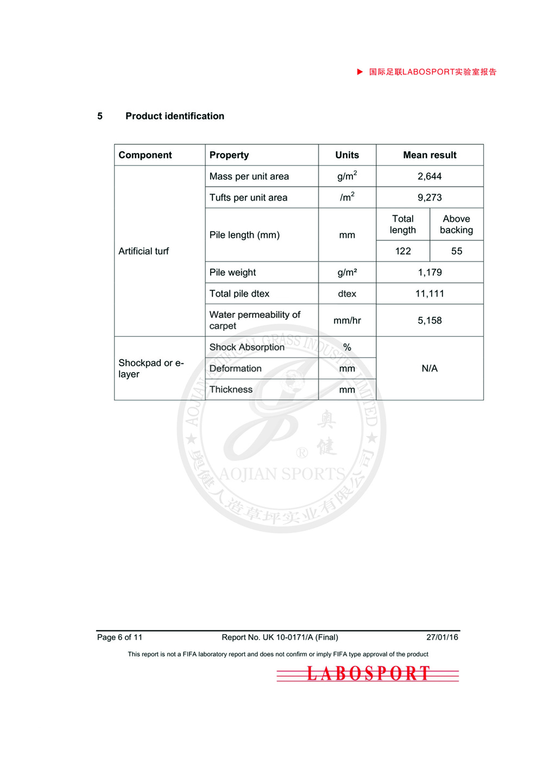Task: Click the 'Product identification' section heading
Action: click(x=174, y=116)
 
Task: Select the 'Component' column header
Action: click(x=145, y=155)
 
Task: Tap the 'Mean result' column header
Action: click(x=430, y=155)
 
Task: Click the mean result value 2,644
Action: click(x=430, y=176)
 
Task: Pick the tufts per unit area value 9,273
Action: click(x=430, y=197)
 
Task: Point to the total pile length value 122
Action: click(x=403, y=251)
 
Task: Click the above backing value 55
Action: click(x=457, y=251)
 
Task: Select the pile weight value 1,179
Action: click(x=430, y=272)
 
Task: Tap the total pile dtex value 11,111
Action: click(x=430, y=293)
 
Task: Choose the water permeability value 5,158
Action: click(x=430, y=321)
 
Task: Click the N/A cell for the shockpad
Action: click(x=430, y=368)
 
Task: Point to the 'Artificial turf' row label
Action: click(x=144, y=251)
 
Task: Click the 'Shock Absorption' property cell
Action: click(x=247, y=347)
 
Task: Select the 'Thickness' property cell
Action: click(x=231, y=389)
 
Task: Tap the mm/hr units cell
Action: click(x=347, y=321)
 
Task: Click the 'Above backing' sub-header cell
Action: click(x=457, y=225)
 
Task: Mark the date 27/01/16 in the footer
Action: click(x=442, y=637)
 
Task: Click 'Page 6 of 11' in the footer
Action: click(x=119, y=637)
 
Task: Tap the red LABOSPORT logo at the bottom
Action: click(x=368, y=674)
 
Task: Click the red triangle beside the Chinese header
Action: click(x=359, y=72)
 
